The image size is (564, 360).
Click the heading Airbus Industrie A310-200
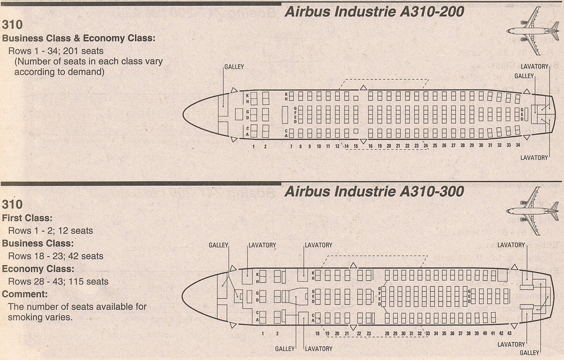374,11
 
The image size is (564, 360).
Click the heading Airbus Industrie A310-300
374,191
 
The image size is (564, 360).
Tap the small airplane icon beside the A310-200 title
533,30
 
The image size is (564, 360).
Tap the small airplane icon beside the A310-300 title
533,210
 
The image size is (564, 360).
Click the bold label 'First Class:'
27,218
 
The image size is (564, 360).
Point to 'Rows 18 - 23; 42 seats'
55,256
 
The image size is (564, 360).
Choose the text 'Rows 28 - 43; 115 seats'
58,282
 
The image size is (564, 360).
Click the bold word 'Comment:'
25,294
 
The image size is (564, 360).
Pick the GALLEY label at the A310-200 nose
234,67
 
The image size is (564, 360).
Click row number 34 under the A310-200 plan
518,146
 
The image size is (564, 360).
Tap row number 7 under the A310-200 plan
291,146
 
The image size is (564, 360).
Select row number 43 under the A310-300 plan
509,333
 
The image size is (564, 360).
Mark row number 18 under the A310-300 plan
317,333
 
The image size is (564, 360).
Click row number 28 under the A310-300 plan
387,333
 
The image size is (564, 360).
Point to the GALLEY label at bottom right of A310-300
530,353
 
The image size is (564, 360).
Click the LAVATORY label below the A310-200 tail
534,158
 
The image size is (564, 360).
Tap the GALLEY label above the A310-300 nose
218,245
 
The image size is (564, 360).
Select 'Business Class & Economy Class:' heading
79,38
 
